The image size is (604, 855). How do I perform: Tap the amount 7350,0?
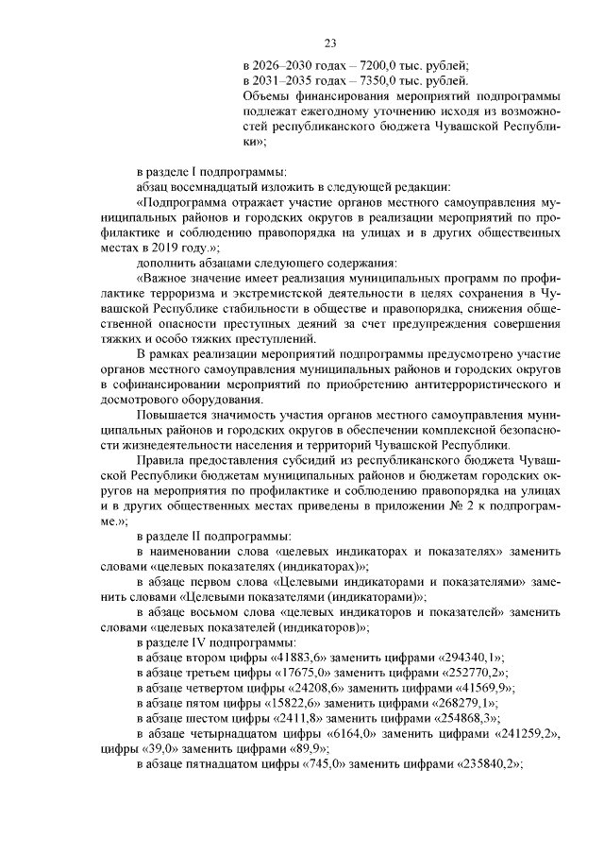point(377,81)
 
